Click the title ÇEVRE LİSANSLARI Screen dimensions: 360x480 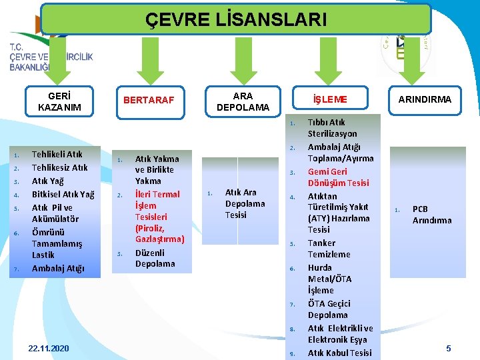pyautogui.click(x=236, y=19)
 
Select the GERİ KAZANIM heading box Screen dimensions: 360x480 pyautogui.click(x=60, y=101)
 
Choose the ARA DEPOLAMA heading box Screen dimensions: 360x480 pyautogui.click(x=243, y=101)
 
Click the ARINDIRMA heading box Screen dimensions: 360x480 pyautogui.click(x=425, y=99)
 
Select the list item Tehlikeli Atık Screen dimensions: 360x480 pyautogui.click(x=57, y=155)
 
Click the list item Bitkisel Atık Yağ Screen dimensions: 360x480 pyautogui.click(x=63, y=195)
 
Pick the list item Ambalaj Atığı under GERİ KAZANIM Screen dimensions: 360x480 pyautogui.click(x=58, y=268)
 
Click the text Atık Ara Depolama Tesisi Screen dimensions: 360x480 pyautogui.click(x=245, y=203)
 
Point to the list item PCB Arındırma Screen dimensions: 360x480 pyautogui.click(x=431, y=215)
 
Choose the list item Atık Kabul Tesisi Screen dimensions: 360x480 pyautogui.click(x=339, y=353)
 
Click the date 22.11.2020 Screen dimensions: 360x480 pyautogui.click(x=49, y=349)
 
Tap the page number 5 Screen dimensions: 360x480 pyautogui.click(x=449, y=348)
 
